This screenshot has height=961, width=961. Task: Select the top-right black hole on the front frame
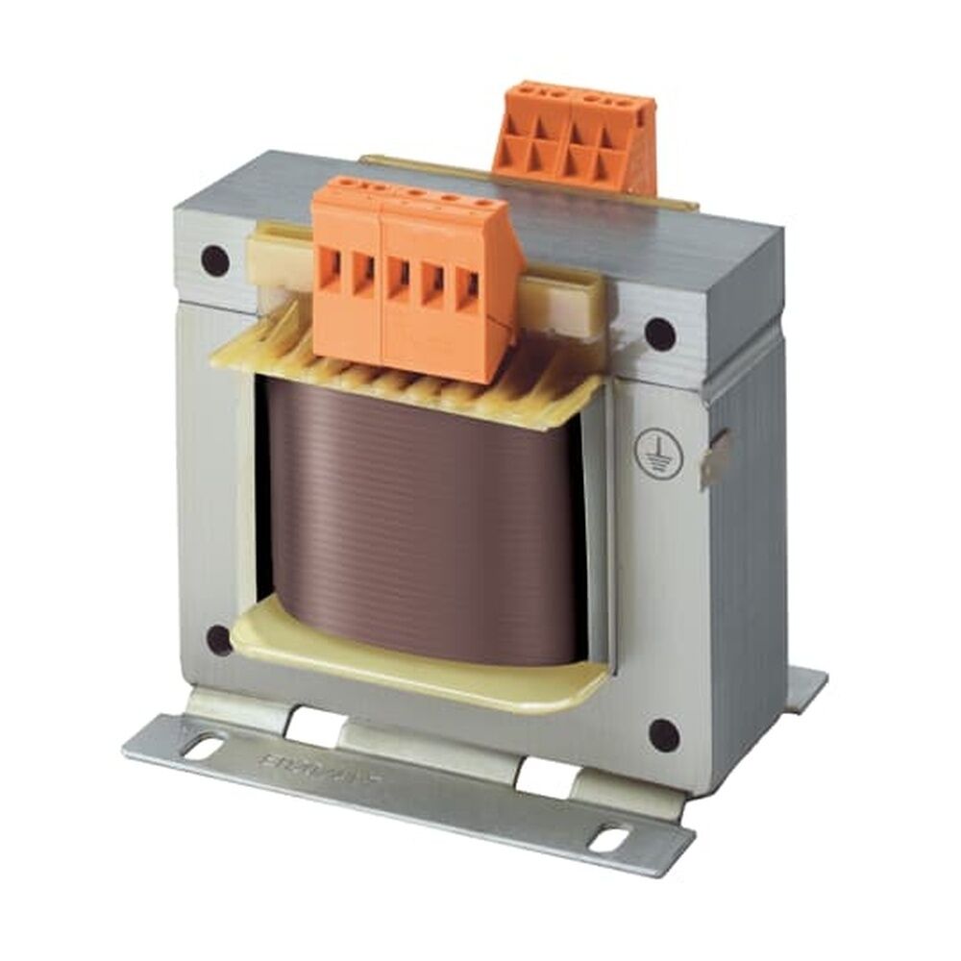[x=659, y=333]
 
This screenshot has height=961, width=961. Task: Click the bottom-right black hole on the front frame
[x=663, y=735]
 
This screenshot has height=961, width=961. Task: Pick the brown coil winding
[x=423, y=509]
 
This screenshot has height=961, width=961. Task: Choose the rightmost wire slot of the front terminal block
[x=468, y=288]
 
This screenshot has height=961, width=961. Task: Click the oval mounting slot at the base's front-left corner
[x=207, y=744]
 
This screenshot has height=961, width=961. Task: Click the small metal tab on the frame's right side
[x=717, y=453]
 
